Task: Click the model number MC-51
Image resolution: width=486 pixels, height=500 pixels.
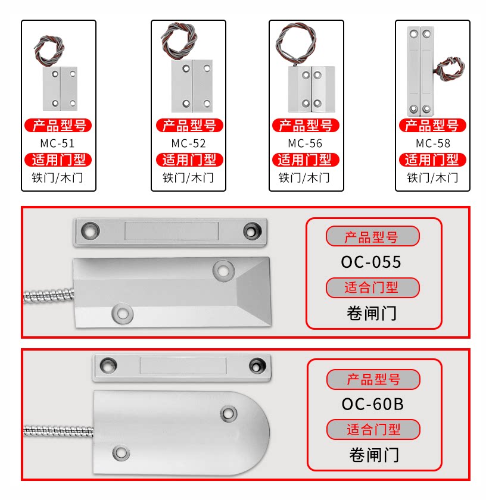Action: (58, 143)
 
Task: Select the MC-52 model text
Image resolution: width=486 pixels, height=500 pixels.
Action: (188, 143)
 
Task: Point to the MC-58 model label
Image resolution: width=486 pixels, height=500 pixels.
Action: (433, 143)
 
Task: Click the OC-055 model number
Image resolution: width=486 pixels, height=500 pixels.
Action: (371, 262)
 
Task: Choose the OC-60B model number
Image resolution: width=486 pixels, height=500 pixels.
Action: (373, 404)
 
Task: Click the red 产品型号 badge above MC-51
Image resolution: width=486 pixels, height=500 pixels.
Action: (58, 126)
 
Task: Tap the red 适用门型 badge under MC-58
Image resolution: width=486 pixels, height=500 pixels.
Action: (432, 160)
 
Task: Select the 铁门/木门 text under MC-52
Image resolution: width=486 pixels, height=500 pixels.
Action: (188, 177)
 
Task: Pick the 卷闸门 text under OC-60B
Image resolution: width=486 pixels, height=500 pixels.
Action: (373, 455)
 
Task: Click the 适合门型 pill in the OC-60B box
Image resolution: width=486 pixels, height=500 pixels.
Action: (373, 429)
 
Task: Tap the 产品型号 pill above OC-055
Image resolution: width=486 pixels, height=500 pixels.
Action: (372, 237)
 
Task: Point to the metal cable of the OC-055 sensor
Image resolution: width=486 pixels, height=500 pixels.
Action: (48, 295)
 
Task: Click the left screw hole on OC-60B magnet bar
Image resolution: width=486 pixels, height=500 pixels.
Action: (108, 363)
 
